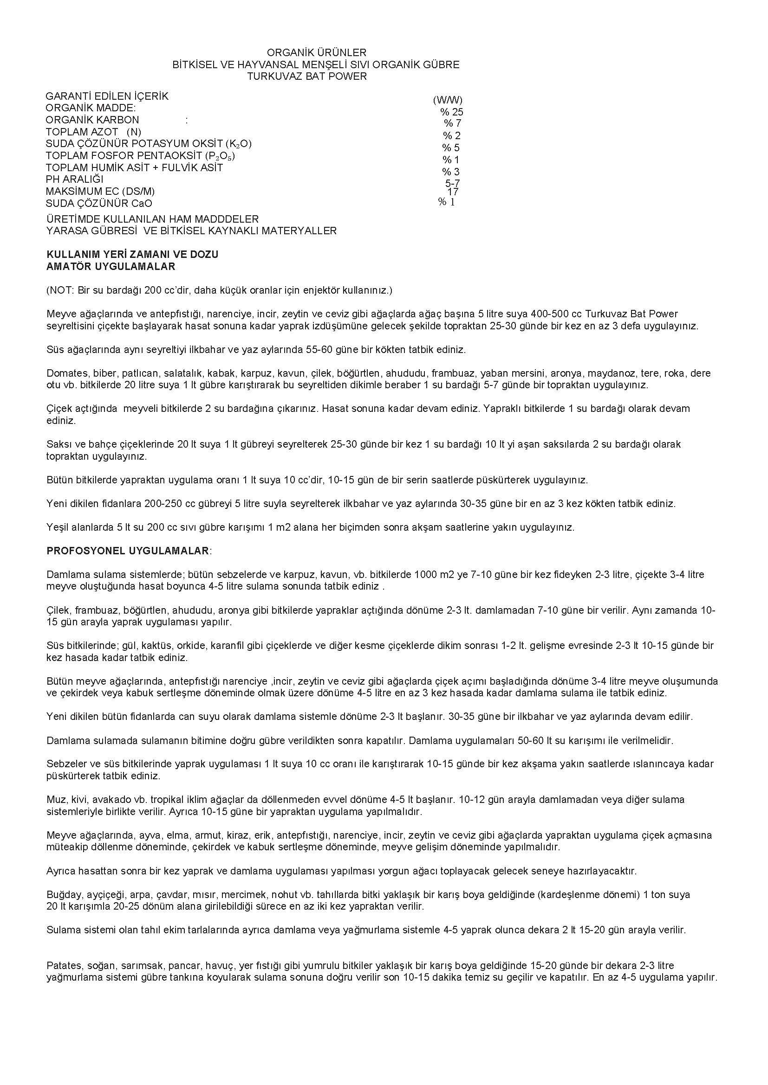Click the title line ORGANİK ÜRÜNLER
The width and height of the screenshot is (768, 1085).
[x=316, y=52]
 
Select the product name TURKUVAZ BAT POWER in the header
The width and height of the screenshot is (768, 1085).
[x=307, y=76]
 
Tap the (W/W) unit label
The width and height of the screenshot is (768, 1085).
[x=447, y=100]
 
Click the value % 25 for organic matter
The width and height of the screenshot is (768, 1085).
[x=452, y=112]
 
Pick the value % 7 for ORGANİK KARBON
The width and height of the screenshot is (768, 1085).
[x=452, y=123]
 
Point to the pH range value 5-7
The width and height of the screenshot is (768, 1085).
[x=452, y=183]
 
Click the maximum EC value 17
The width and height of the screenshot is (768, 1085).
[x=453, y=192]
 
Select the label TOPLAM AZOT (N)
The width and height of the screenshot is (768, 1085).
[x=93, y=132]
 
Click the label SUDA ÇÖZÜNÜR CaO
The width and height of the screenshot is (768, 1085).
[x=99, y=204]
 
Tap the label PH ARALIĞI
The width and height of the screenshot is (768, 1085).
[x=74, y=180]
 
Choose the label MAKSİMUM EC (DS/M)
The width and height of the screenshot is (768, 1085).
[x=100, y=192]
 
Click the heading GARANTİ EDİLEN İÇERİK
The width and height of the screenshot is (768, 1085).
[x=107, y=96]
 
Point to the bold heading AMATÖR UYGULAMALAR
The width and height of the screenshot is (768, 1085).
[x=111, y=267]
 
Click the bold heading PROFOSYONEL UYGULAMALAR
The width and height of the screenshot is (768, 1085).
[x=128, y=551]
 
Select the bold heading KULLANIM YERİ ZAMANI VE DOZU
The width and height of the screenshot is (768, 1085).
[x=132, y=255]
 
